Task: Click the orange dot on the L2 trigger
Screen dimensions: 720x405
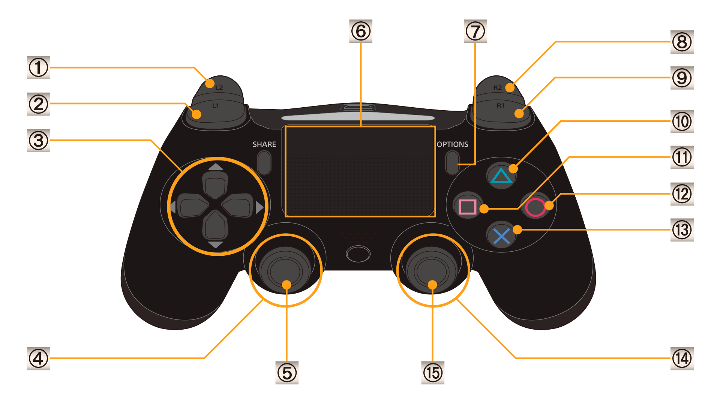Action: (x=210, y=83)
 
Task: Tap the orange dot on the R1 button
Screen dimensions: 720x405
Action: (x=519, y=113)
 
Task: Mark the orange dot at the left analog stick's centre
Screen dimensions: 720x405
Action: (x=286, y=285)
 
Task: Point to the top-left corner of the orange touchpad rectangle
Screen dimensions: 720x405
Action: (x=285, y=127)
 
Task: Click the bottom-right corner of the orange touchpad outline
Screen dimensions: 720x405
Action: (x=435, y=216)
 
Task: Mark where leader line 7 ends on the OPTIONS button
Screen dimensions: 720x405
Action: (x=458, y=164)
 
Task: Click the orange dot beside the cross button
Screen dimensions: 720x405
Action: (x=517, y=229)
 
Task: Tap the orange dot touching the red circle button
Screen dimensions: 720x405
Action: (x=549, y=205)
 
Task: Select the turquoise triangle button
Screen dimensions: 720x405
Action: (x=501, y=175)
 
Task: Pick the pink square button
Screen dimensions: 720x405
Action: (x=467, y=207)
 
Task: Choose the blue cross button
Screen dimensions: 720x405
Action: (x=501, y=236)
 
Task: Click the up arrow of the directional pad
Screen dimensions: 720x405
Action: (x=216, y=166)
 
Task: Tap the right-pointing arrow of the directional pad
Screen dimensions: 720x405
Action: (x=259, y=207)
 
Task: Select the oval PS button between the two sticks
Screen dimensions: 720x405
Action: (x=358, y=254)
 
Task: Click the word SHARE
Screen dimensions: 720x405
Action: (x=264, y=144)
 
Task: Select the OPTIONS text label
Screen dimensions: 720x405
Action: (x=453, y=144)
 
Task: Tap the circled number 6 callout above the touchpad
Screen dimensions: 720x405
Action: (x=361, y=31)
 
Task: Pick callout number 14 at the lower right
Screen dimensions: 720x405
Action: (x=682, y=358)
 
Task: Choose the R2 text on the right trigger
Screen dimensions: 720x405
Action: (x=497, y=87)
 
